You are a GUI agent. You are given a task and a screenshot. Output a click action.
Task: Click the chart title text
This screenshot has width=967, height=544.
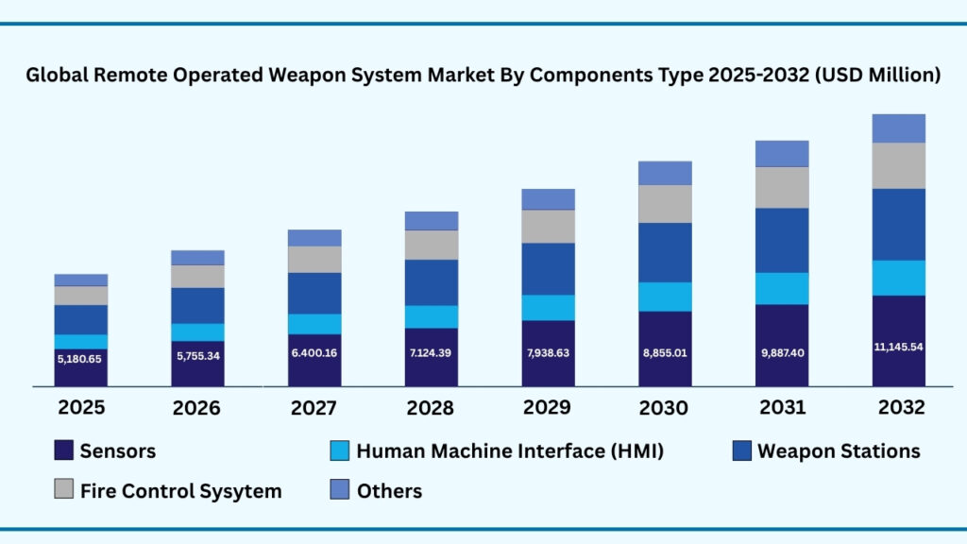(x=483, y=76)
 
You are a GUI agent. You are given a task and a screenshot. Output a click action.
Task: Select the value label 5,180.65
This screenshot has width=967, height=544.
(x=80, y=359)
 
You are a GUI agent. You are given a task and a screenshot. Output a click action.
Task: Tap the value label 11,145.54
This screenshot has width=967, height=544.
(x=898, y=347)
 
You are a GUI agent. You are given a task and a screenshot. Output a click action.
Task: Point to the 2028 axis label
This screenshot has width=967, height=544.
(x=431, y=408)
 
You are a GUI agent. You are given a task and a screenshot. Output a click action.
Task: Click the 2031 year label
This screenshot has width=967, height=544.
(x=782, y=407)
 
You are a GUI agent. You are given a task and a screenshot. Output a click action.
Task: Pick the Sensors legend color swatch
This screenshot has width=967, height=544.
(x=64, y=451)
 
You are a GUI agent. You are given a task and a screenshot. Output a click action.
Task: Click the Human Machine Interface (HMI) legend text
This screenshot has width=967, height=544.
(x=510, y=451)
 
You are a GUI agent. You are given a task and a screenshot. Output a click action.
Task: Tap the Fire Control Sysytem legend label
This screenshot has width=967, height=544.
(x=180, y=491)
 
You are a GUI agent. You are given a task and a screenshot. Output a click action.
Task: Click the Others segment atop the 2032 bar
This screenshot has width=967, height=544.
(x=898, y=127)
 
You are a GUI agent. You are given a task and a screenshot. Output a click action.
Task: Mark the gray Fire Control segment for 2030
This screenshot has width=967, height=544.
(x=665, y=204)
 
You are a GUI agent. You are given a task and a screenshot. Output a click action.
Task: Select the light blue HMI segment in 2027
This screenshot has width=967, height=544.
(x=314, y=324)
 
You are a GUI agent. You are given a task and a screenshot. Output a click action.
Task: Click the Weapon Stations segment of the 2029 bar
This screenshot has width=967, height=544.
(x=548, y=269)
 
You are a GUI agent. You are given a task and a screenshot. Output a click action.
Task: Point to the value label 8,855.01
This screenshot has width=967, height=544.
(x=665, y=352)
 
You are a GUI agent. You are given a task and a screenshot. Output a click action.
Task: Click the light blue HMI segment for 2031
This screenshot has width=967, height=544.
(x=782, y=288)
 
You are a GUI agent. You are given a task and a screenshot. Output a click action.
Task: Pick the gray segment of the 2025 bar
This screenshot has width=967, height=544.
(x=80, y=296)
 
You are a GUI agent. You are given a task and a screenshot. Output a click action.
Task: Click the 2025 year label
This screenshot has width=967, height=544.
(x=80, y=408)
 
